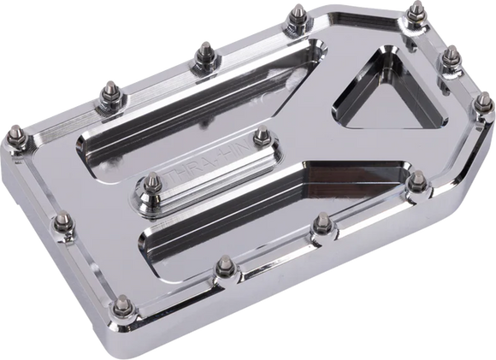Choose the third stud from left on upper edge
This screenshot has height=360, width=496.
pyautogui.click(x=204, y=52)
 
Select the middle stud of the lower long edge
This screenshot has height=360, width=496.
pyautogui.click(x=320, y=225)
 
